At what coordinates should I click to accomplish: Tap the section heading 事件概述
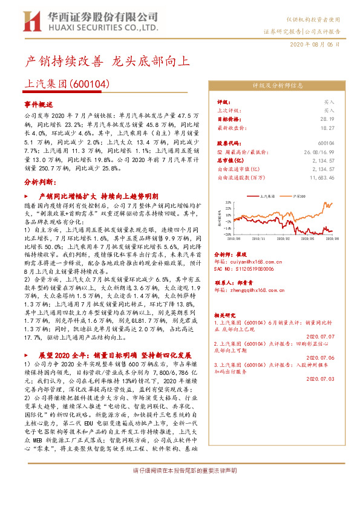click(x=39, y=104)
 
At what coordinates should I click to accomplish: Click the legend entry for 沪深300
click(x=299, y=196)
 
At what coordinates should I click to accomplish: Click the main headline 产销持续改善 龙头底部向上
click(x=109, y=62)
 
